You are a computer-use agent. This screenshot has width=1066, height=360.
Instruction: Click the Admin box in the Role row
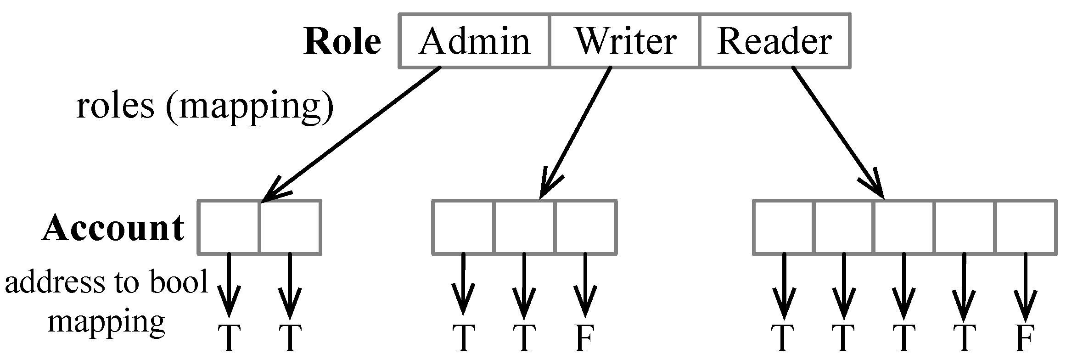tap(474, 41)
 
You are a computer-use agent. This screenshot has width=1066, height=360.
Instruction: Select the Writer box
tap(625, 41)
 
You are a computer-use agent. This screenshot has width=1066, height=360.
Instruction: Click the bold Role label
tap(342, 41)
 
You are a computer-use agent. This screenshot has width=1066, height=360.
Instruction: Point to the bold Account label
tap(113, 228)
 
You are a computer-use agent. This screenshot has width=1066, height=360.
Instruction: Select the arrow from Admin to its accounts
tap(351, 135)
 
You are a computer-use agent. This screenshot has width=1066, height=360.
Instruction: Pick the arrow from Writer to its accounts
tap(576, 133)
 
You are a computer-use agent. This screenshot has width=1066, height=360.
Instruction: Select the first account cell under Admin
tap(229, 227)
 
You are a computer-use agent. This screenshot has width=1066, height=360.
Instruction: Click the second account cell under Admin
tap(290, 227)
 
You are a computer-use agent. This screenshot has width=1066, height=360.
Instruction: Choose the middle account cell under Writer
tap(524, 227)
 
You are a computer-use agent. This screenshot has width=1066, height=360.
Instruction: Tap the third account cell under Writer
tap(586, 227)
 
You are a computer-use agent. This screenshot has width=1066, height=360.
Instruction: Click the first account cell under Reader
tap(784, 227)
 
